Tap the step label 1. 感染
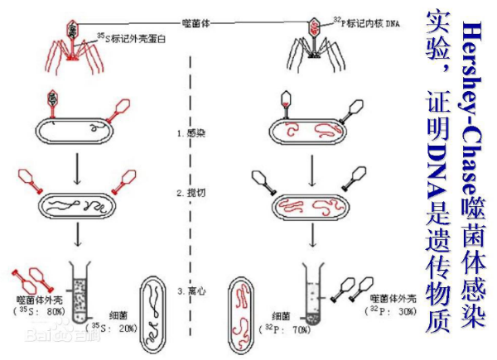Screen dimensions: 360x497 pos(190,133)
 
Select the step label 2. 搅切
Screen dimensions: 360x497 pos(190,193)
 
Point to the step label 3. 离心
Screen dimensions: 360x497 pos(190,291)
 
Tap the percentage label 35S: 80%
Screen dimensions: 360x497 pos(41,310)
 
